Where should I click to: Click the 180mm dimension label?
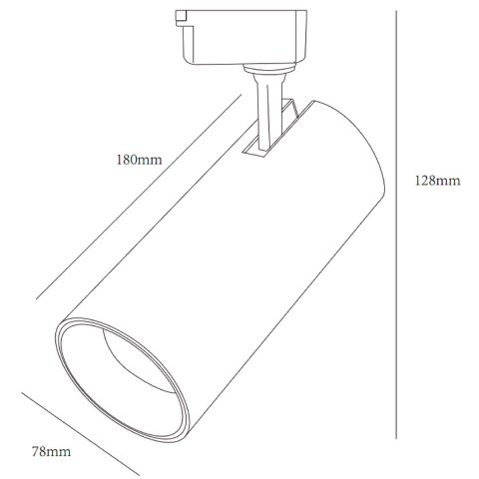[x=139, y=160]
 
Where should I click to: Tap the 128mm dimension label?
[x=437, y=181]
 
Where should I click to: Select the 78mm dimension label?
[x=51, y=452]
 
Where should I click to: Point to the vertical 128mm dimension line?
[x=396, y=225]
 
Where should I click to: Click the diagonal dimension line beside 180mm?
[x=139, y=197]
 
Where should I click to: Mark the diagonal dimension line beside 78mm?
[x=80, y=434]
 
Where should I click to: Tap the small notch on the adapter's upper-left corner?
[x=181, y=16]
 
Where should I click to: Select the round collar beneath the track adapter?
[x=269, y=69]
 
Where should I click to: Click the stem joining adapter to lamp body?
[x=268, y=113]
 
